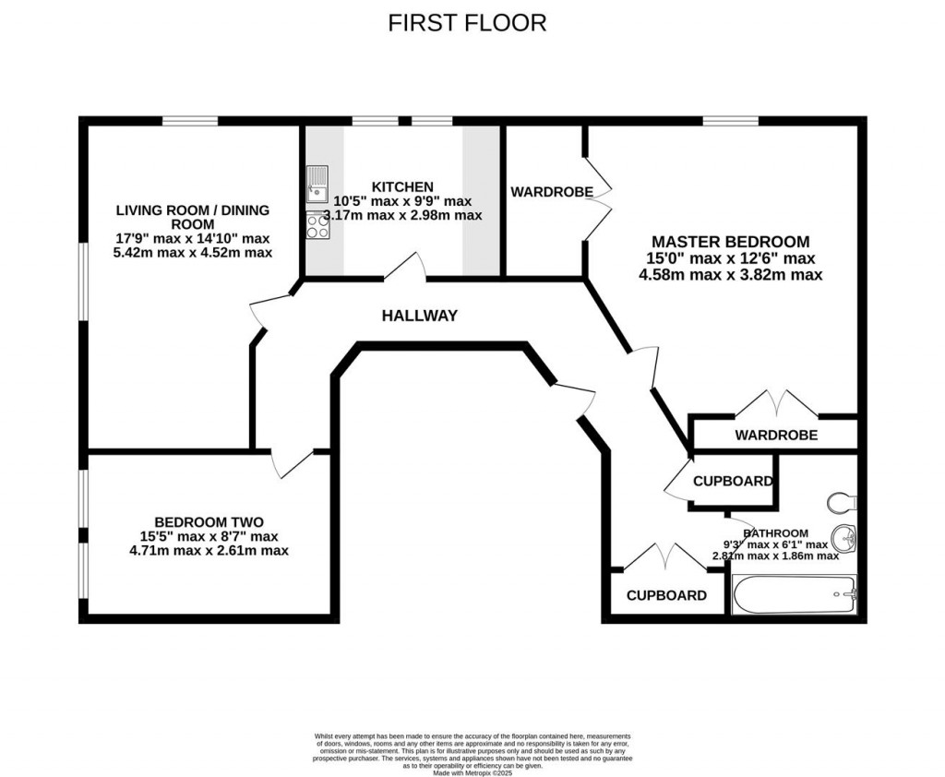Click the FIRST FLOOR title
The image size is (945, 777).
click(x=467, y=22)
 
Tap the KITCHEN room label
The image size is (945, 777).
click(x=402, y=186)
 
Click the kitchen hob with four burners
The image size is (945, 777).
click(x=317, y=225)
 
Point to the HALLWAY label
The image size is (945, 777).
click(x=420, y=316)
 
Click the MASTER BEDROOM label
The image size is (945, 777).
click(x=730, y=242)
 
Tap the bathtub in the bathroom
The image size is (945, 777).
click(x=795, y=595)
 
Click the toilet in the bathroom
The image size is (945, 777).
click(x=842, y=501)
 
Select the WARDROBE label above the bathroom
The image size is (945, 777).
click(x=775, y=435)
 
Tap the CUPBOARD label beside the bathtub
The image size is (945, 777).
click(x=666, y=595)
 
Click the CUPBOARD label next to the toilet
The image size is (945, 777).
click(x=733, y=481)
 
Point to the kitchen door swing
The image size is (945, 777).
click(x=403, y=267)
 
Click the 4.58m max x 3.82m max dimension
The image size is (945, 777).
click(x=730, y=274)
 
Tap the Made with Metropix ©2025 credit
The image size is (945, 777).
click(x=472, y=771)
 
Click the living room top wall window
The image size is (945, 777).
click(x=190, y=121)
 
